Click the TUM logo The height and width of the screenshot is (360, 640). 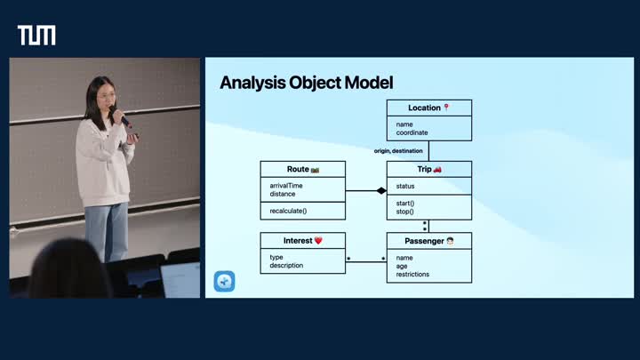36,36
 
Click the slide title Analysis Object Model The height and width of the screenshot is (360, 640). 306,84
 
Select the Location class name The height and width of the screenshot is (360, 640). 424,108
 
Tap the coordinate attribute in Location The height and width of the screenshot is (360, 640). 412,132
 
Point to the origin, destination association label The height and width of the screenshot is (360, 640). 398,151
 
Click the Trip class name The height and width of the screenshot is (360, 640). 424,169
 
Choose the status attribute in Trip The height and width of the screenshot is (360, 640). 405,187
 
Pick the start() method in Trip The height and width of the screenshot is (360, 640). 405,204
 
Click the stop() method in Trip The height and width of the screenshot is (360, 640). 405,212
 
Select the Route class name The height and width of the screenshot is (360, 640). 298,169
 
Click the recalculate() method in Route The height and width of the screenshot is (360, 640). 288,211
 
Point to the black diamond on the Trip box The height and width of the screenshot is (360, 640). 381,190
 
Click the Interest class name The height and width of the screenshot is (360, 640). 298,241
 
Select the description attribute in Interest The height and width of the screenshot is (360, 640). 286,265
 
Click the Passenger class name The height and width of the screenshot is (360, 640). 424,241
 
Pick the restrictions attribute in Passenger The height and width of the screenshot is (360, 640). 412,274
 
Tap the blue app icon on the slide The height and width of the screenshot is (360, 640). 224,282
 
